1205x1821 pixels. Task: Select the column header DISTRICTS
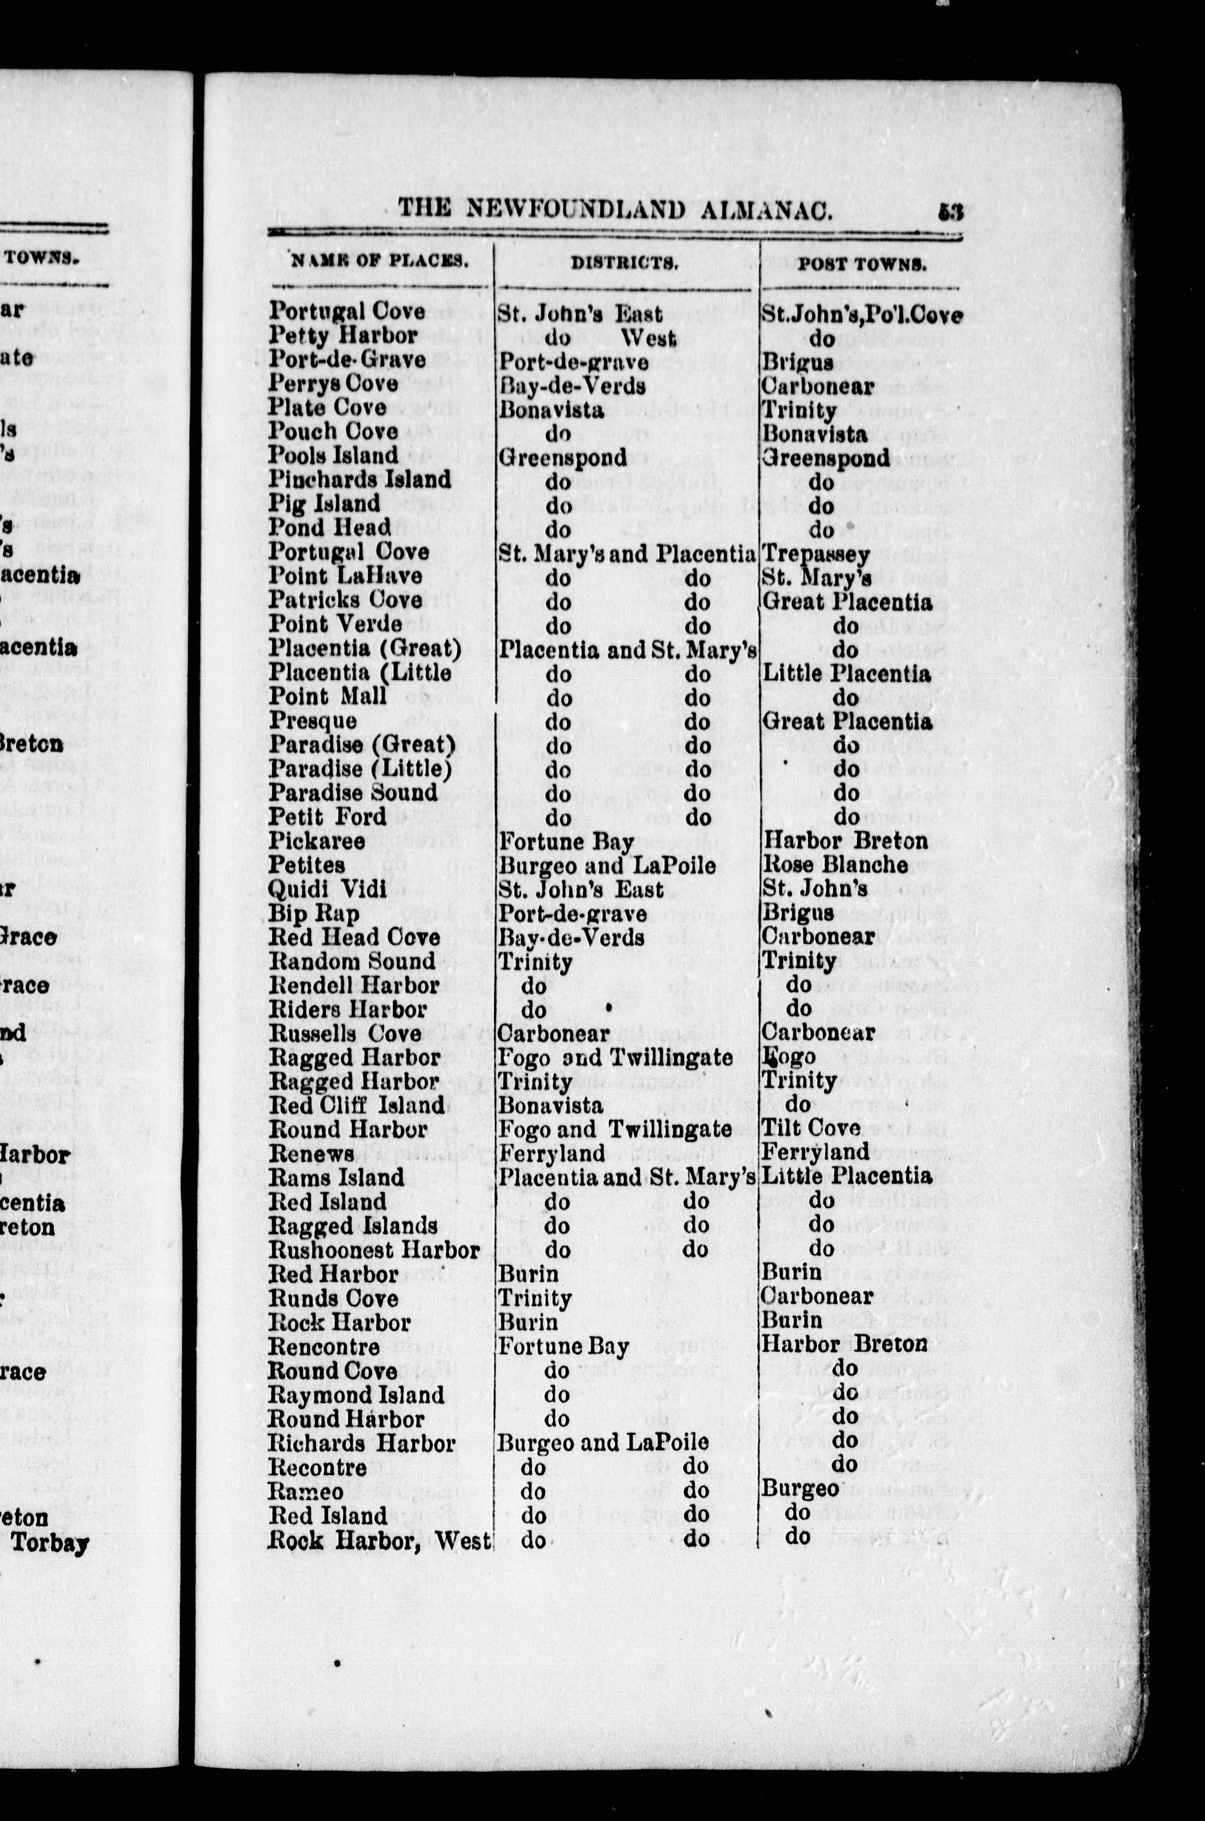tap(624, 263)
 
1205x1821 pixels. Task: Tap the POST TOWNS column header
tap(861, 264)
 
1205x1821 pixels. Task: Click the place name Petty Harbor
tap(343, 335)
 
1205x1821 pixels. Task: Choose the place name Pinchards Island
tap(359, 479)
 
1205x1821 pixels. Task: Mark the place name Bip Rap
tap(314, 914)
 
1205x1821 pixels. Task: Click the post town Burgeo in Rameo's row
tap(799, 1489)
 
